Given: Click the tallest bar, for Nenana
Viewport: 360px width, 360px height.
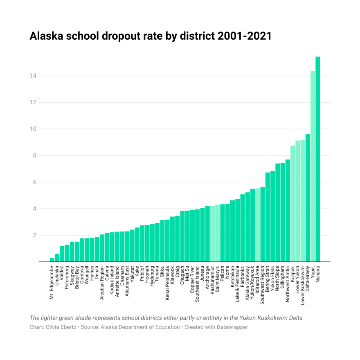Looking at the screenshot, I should click(x=317, y=160).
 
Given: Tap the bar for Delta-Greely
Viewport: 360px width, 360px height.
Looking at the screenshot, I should click(x=308, y=198).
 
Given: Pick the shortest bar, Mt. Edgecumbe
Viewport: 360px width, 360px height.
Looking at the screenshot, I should click(x=52, y=260).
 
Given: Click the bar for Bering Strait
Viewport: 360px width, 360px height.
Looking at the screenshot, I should click(x=268, y=217).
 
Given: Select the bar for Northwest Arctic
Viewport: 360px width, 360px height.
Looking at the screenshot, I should click(x=288, y=211).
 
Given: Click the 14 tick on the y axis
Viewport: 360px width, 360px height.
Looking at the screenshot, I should click(x=33, y=76).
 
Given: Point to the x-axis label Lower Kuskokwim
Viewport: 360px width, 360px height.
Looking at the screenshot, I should click(x=303, y=285).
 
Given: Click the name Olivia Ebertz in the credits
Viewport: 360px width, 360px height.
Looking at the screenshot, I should click(x=62, y=327).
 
